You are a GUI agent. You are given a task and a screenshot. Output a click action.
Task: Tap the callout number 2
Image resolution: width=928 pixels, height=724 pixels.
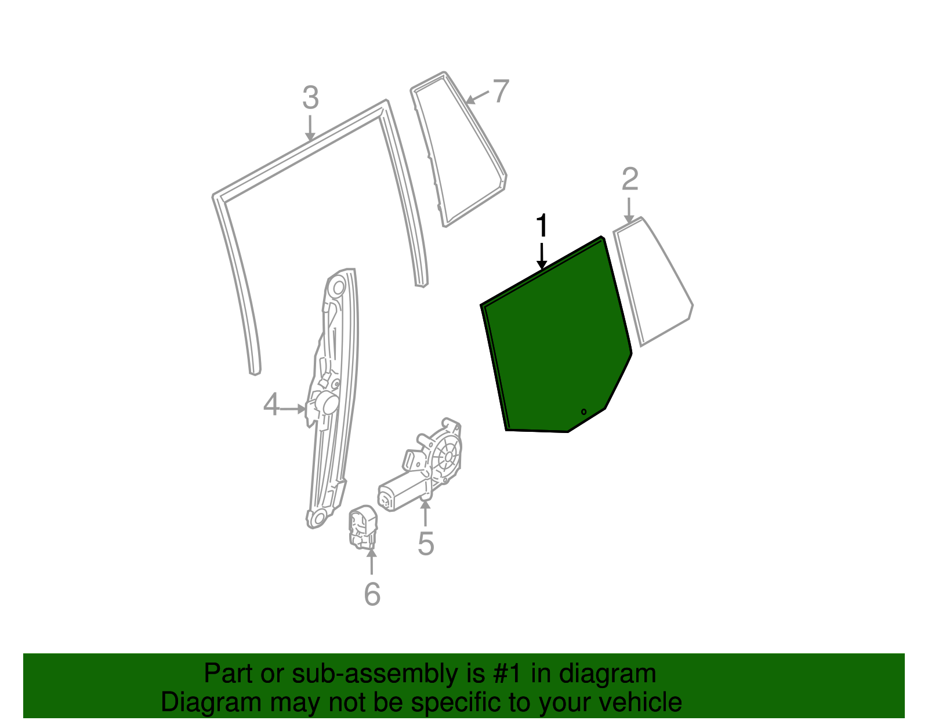click(x=630, y=179)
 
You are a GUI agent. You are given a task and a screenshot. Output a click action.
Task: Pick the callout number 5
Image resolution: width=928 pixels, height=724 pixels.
click(x=426, y=544)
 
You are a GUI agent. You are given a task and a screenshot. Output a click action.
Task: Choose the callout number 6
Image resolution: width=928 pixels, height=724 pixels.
click(x=372, y=594)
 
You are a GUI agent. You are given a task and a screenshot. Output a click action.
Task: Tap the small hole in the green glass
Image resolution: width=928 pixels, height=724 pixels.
click(x=584, y=412)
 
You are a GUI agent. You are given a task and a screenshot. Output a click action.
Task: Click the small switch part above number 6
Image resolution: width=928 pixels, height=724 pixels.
click(x=363, y=527)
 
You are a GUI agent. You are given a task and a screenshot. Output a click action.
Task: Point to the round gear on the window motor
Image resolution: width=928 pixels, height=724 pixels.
click(x=447, y=457)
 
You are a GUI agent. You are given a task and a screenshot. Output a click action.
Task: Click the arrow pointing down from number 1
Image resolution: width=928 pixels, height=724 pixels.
click(x=542, y=256)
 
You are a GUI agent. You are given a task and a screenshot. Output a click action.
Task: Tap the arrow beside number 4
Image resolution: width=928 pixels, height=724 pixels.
click(x=293, y=409)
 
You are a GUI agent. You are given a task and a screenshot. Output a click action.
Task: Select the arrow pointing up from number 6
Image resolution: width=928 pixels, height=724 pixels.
click(x=372, y=562)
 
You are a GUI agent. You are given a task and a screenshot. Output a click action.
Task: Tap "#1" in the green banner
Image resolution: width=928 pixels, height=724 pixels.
click(x=507, y=674)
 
